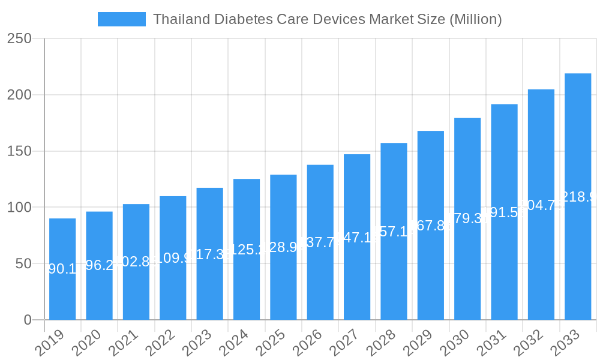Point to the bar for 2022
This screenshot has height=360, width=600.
[x=173, y=258]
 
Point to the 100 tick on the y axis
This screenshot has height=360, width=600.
[x=19, y=208]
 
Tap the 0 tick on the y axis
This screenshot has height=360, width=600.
[x=28, y=320]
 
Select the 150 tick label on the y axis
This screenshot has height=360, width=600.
[x=19, y=151]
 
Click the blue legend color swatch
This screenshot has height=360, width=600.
[x=122, y=19]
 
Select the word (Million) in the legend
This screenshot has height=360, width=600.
[x=475, y=19]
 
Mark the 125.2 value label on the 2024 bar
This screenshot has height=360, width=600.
[x=247, y=250]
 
